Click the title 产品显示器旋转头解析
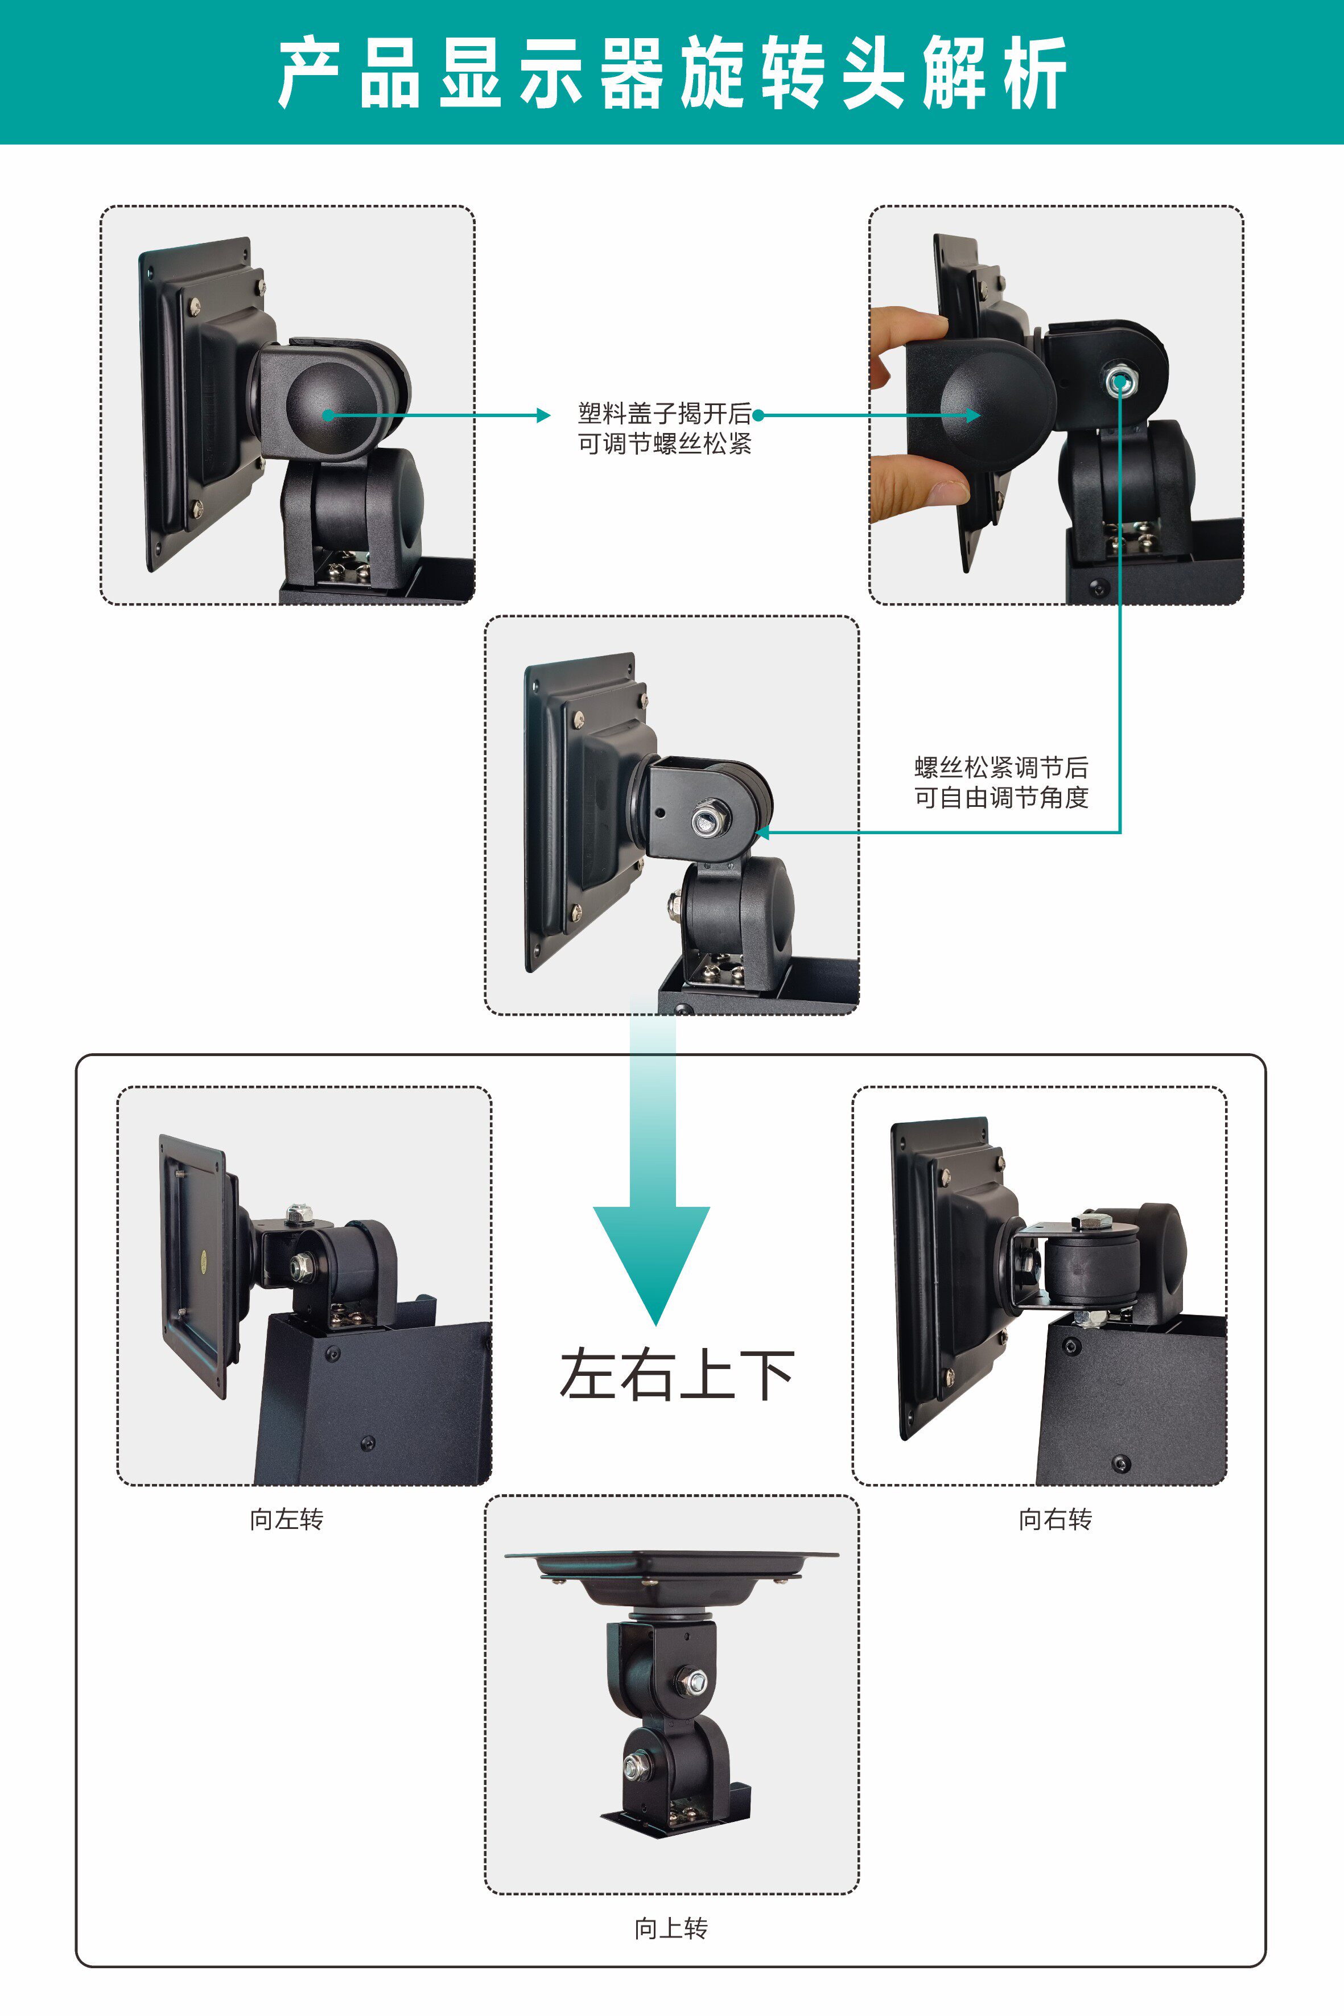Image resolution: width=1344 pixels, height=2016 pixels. (x=672, y=73)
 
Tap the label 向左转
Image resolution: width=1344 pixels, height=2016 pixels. (x=286, y=1520)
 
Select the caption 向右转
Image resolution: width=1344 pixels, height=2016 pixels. (x=1055, y=1520)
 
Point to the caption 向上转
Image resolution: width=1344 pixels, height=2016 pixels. (x=671, y=1928)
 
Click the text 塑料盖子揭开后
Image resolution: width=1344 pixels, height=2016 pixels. (x=663, y=414)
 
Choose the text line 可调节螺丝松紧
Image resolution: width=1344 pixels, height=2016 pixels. (x=663, y=444)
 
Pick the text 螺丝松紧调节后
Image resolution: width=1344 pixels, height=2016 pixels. (x=1001, y=767)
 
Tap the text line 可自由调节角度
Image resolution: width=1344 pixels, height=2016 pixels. (x=1001, y=798)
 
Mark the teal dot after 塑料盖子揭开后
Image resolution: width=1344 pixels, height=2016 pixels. (x=758, y=416)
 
